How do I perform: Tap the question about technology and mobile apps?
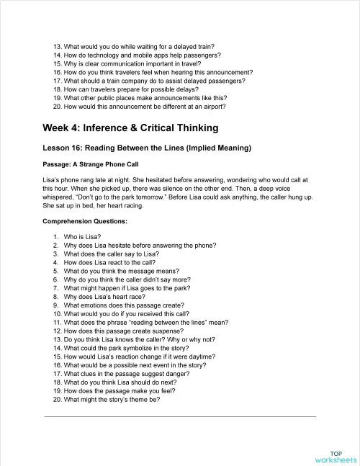[x=142, y=55]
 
